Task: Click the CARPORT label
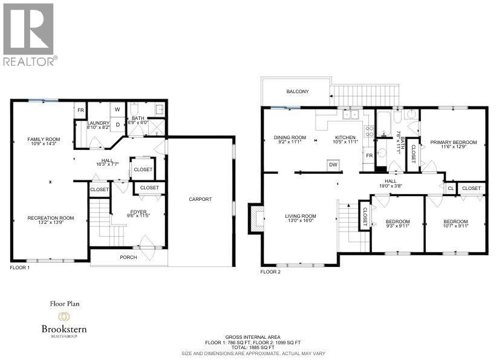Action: (200, 199)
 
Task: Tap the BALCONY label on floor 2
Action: (298, 92)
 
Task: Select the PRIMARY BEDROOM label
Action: (453, 143)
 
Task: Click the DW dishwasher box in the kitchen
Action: (333, 164)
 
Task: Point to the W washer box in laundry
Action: (118, 110)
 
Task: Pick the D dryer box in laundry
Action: (118, 124)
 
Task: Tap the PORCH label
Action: (128, 257)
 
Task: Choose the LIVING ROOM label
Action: (301, 216)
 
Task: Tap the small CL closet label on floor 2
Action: (450, 188)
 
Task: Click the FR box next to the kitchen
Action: (369, 155)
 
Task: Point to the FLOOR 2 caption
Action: (270, 272)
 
